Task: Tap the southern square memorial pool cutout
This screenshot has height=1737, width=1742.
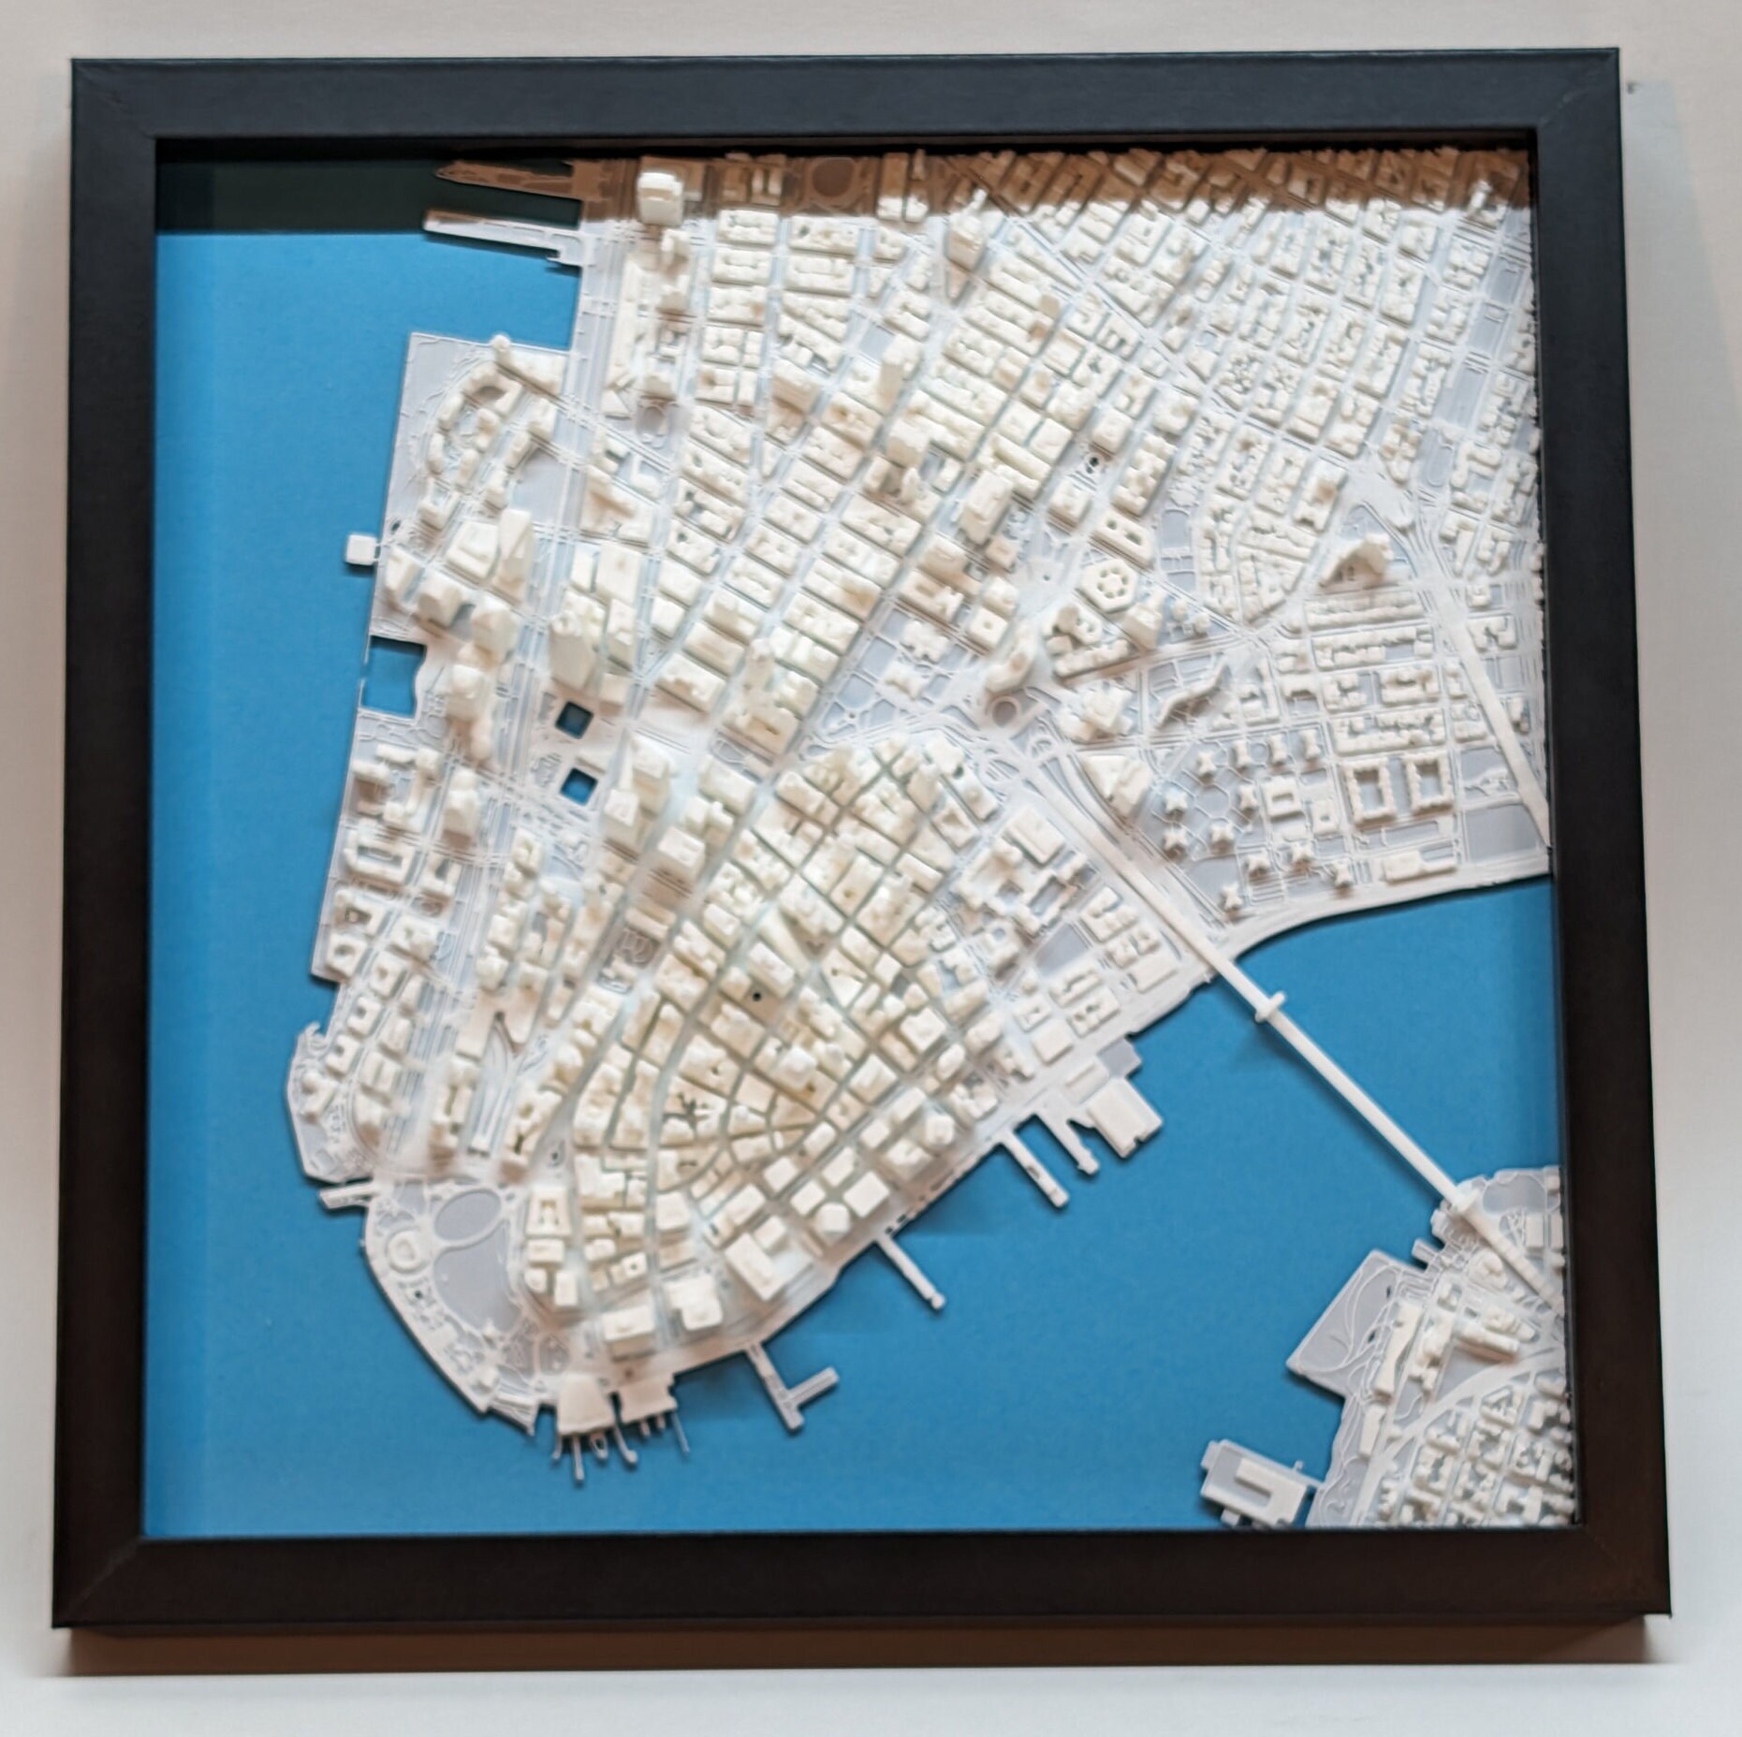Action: [x=575, y=779]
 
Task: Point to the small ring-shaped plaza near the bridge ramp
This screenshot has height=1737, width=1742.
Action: [x=1006, y=708]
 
